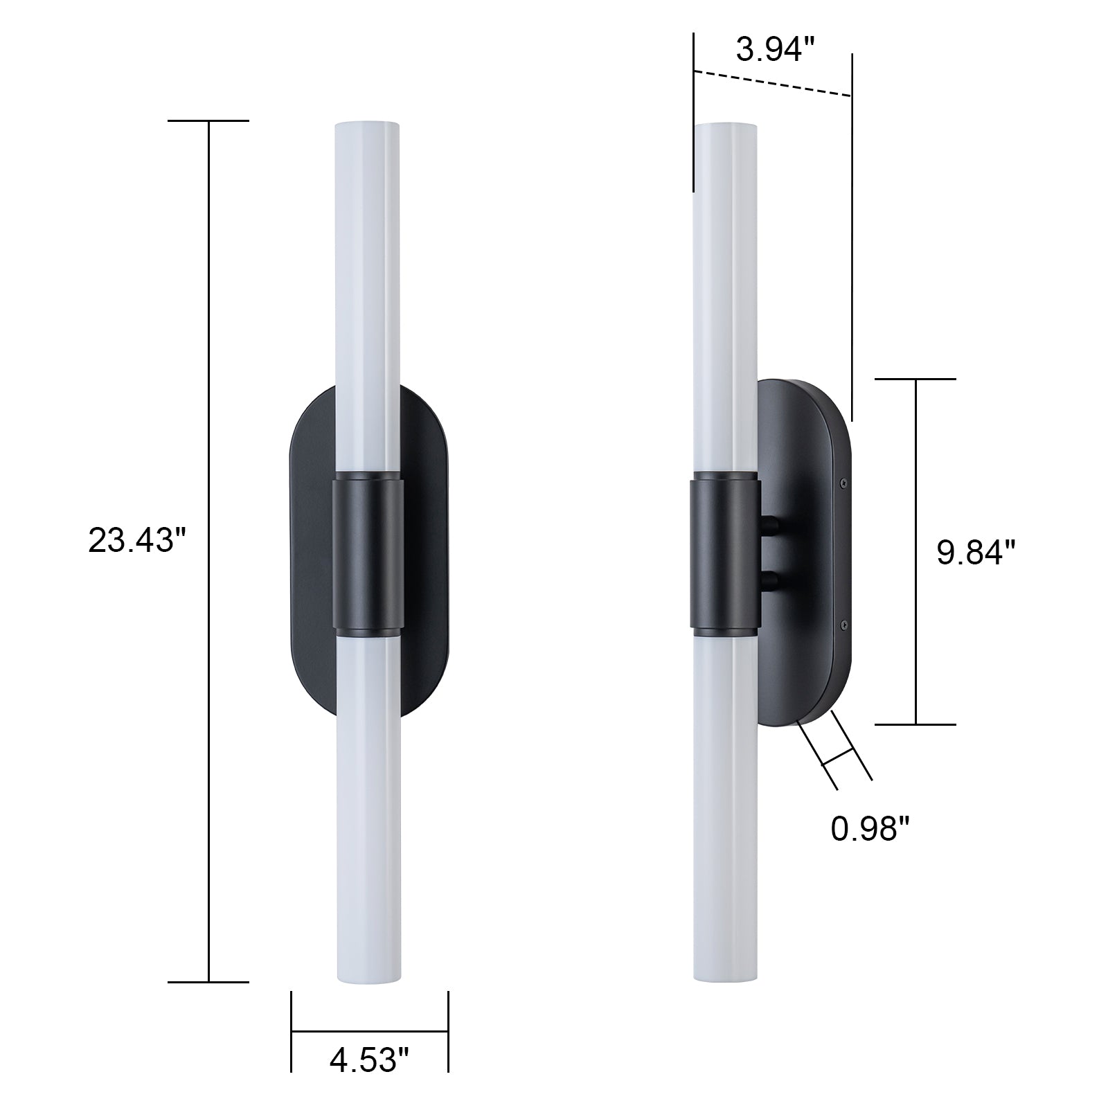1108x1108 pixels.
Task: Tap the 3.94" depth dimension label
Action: point(774,51)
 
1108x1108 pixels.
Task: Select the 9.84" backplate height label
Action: point(976,553)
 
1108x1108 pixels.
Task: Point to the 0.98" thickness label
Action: point(869,829)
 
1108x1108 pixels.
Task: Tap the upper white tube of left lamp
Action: point(367,291)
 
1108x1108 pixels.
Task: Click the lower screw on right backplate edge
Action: point(843,625)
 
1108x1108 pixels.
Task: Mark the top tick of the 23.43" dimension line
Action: point(208,121)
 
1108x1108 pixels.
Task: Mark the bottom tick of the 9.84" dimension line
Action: point(915,724)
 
